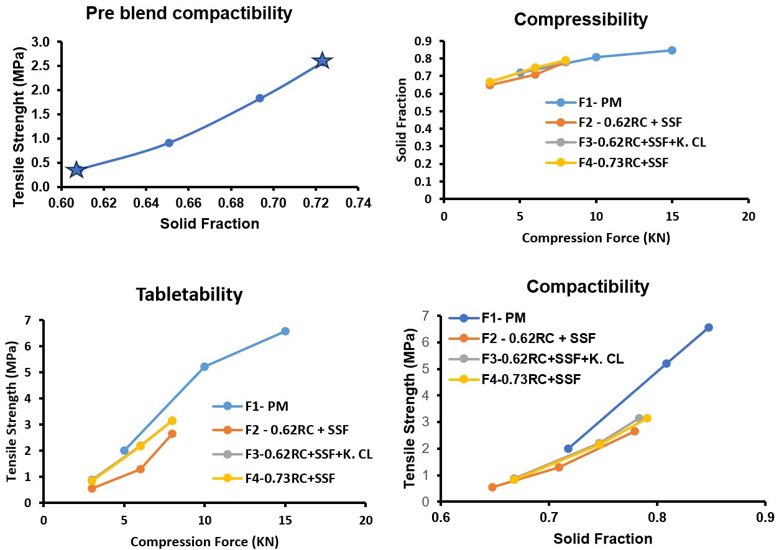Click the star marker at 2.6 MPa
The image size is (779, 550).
[322, 60]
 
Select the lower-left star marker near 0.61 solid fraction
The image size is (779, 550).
[76, 169]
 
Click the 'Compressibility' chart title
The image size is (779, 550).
[581, 19]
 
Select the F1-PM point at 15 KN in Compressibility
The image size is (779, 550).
[672, 50]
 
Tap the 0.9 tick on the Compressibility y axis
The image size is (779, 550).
[425, 41]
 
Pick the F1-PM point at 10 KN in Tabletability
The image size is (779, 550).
[205, 367]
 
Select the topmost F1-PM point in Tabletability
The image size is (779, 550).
[285, 331]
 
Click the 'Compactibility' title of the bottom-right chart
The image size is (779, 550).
[588, 286]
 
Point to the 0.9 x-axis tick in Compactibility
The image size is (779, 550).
[764, 516]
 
